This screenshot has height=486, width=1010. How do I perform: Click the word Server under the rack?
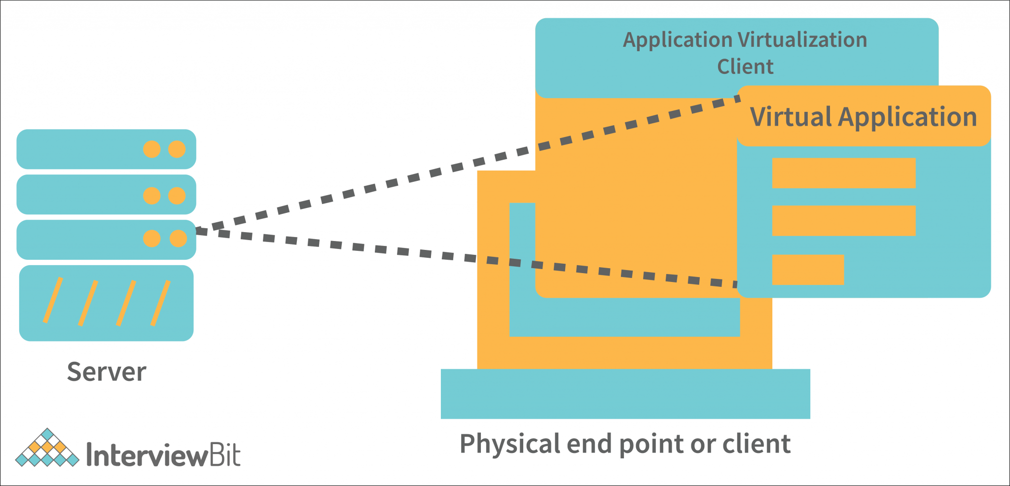(107, 372)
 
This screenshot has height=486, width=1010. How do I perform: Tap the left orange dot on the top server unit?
(152, 149)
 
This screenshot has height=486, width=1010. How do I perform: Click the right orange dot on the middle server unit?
(177, 196)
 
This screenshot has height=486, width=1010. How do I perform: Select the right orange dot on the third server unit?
(178, 239)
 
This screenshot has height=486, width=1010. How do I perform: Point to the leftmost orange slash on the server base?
(53, 300)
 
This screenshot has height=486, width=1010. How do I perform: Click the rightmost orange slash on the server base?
(160, 303)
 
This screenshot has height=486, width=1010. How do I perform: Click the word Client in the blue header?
(745, 67)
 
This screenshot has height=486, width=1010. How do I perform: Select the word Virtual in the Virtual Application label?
(791, 117)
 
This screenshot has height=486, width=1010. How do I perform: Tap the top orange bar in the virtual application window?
(843, 173)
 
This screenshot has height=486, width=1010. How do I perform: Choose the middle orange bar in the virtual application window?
(843, 220)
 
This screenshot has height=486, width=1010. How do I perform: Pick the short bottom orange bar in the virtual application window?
(808, 270)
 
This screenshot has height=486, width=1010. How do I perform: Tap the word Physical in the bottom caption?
(509, 444)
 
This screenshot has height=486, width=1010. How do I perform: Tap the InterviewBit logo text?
(163, 454)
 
